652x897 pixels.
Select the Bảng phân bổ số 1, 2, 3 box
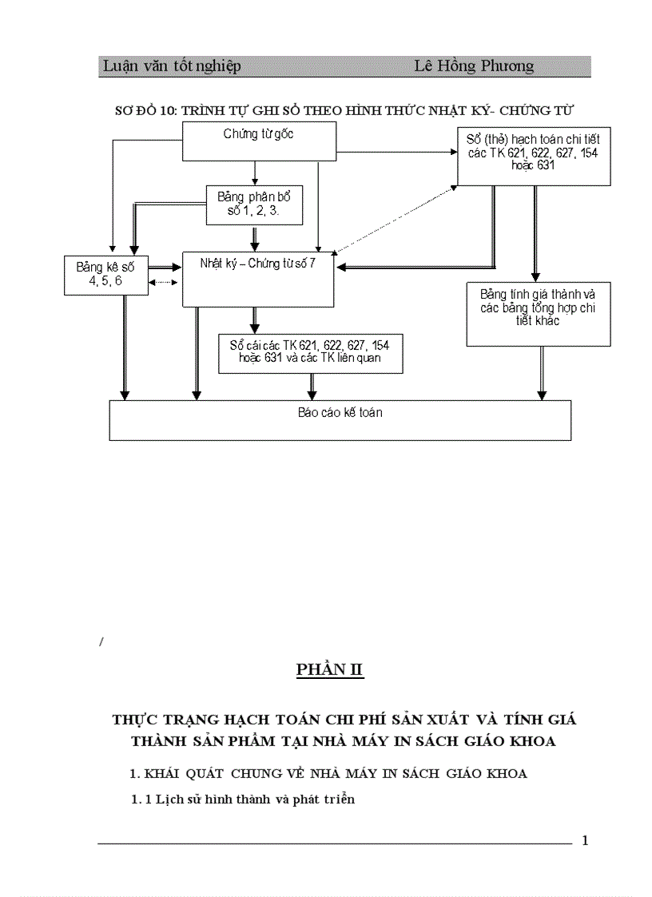pyautogui.click(x=254, y=204)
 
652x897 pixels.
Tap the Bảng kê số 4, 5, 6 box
pyautogui.click(x=105, y=275)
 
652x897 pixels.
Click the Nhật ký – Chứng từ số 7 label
pyautogui.click(x=258, y=264)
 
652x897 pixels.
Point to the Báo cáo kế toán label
pyautogui.click(x=340, y=413)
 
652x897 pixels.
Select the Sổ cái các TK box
pyautogui.click(x=309, y=352)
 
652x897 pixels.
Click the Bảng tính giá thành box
pyautogui.click(x=538, y=308)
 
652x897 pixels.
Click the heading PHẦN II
pyautogui.click(x=330, y=669)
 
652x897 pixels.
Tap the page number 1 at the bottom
pyautogui.click(x=585, y=840)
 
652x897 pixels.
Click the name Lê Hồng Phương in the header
pyautogui.click(x=474, y=66)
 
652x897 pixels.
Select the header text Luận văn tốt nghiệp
pyautogui.click(x=172, y=66)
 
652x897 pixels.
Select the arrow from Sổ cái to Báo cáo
pyautogui.click(x=312, y=385)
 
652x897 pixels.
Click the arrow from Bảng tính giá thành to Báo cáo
pyautogui.click(x=542, y=372)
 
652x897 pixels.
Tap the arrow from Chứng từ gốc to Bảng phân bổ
pyautogui.click(x=254, y=173)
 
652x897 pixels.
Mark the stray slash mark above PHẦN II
pyautogui.click(x=101, y=641)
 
